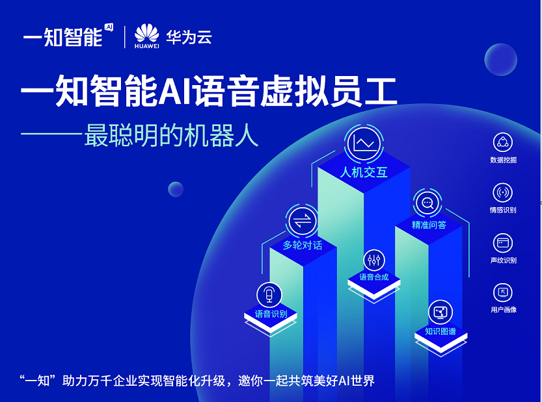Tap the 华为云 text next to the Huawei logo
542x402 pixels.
pos(189,37)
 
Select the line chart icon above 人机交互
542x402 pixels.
pos(364,144)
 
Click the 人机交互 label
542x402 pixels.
pos(364,172)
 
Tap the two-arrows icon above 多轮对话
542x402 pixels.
pos(302,221)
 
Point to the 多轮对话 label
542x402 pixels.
pos(303,245)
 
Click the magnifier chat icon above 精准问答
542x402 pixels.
pos(427,203)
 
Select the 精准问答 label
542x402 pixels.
pos(429,225)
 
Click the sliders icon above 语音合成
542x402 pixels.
pos(374,260)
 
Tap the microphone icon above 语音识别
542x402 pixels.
pos(269,295)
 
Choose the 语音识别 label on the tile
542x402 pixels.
pos(271,314)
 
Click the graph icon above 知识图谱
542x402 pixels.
pos(440,312)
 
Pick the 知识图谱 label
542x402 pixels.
pos(440,332)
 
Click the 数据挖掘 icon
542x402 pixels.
pos(502,142)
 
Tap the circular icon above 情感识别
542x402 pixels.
pos(502,192)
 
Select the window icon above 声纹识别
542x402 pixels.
pos(502,243)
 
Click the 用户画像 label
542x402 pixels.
pos(504,310)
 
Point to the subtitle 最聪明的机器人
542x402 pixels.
pos(172,135)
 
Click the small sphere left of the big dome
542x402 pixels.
pos(176,190)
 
